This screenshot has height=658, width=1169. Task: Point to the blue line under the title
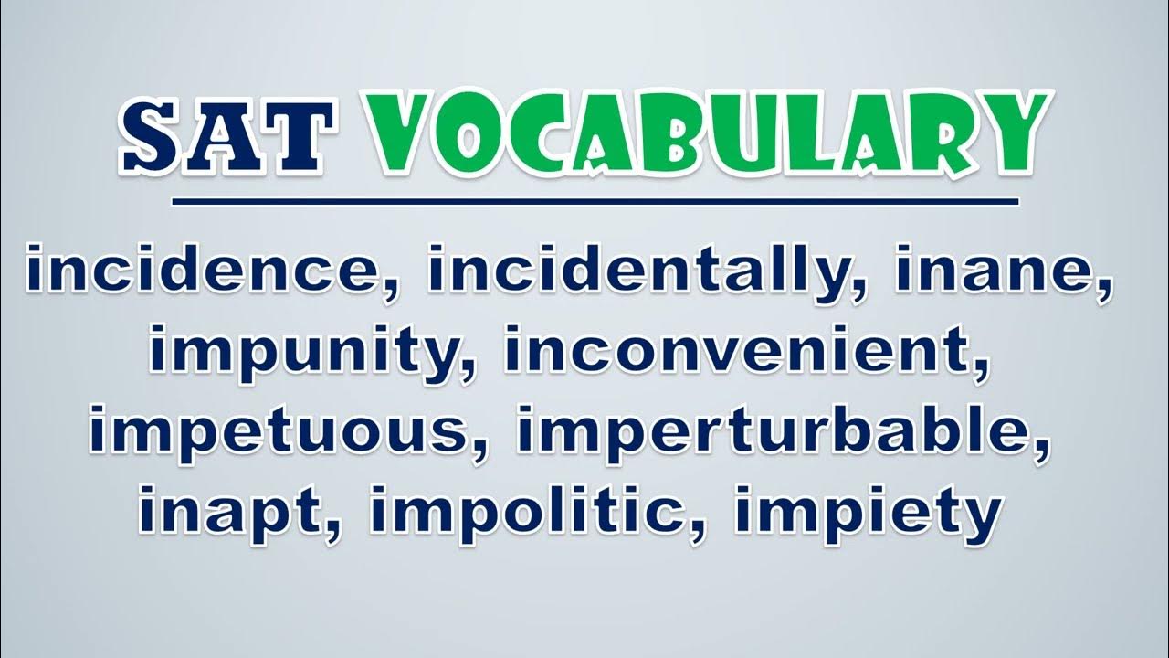tap(595, 201)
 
